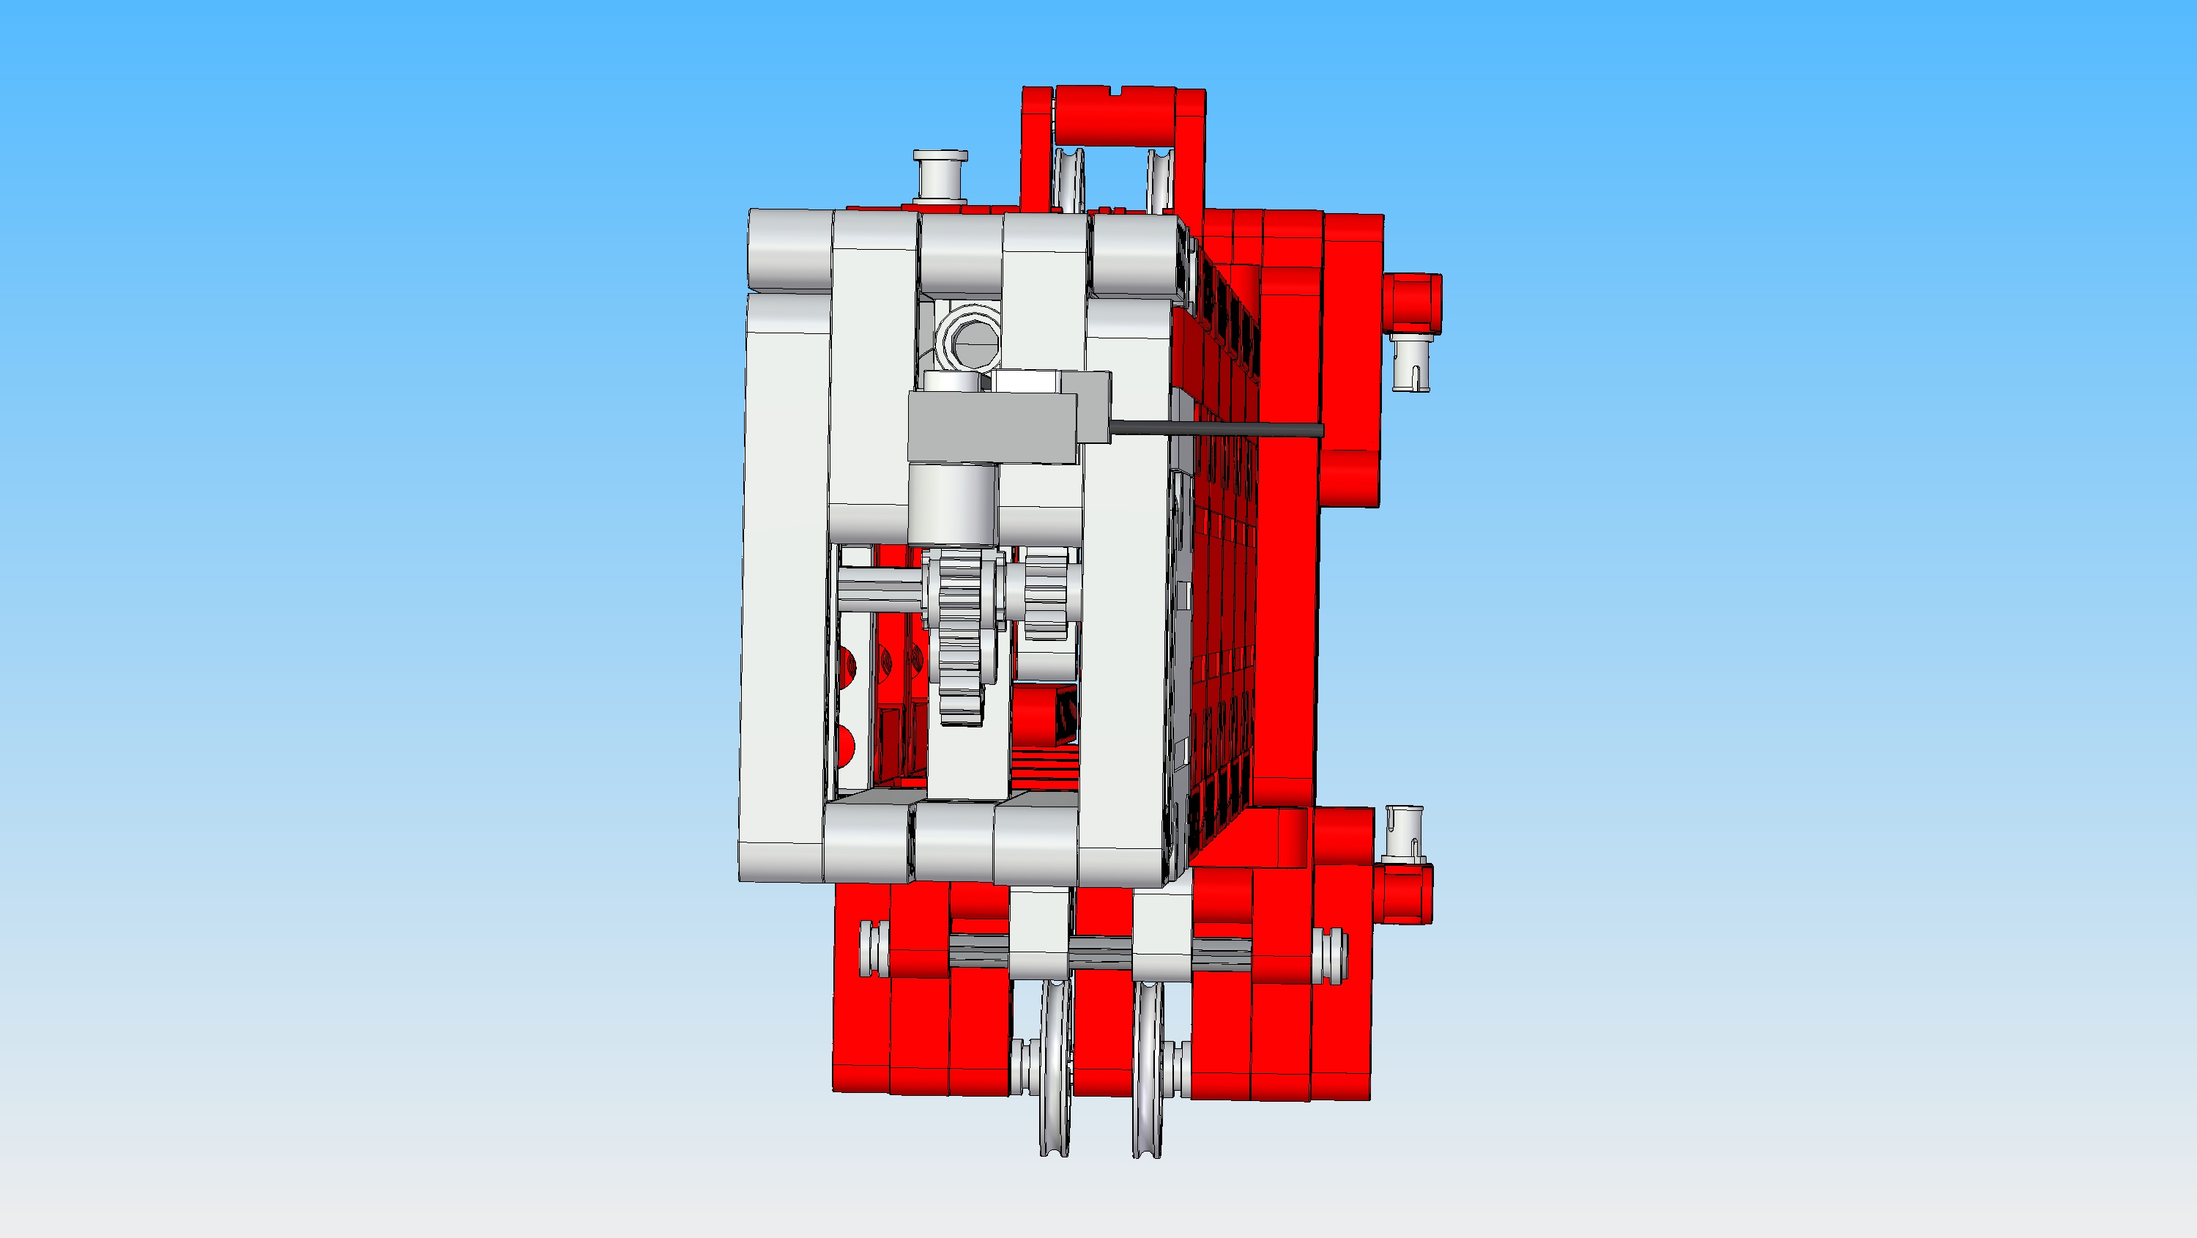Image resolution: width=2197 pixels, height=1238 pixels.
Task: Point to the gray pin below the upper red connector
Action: click(1410, 362)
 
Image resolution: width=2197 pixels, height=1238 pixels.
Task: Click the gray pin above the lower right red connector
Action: click(1403, 832)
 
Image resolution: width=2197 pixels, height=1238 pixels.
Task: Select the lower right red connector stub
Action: click(1403, 892)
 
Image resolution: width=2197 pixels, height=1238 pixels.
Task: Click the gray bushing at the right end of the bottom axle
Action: click(1330, 955)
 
